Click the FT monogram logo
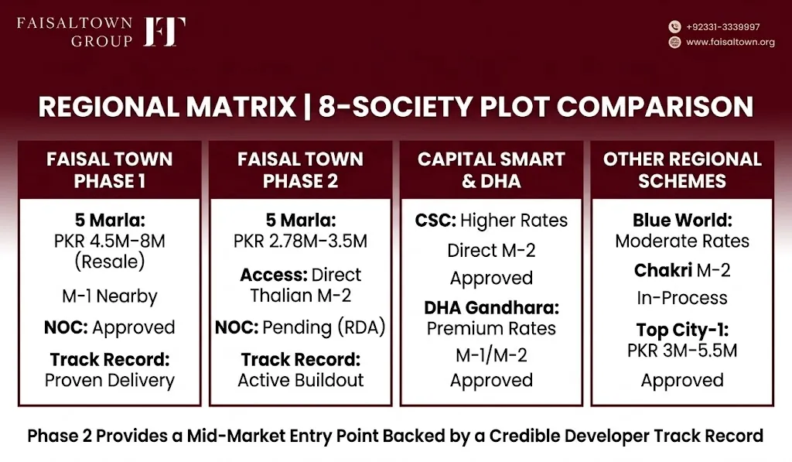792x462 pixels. point(164,32)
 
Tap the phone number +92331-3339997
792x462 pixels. point(723,27)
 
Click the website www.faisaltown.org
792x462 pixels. point(730,42)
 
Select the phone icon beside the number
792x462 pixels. point(674,27)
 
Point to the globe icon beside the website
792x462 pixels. point(674,42)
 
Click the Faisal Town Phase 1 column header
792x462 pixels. point(110,169)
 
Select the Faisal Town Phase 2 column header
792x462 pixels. point(301,169)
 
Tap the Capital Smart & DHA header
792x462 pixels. point(491,169)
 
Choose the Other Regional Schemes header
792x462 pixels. point(682,169)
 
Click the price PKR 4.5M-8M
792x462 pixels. point(110,241)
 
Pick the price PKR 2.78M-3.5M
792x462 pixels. point(301,241)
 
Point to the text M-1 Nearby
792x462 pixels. point(110,296)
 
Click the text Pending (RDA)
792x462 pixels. point(324,327)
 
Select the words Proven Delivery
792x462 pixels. point(110,380)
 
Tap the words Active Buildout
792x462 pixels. point(301,380)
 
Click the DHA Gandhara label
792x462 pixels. point(491,307)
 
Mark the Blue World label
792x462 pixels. point(682,220)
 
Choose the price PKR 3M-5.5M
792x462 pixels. point(682,351)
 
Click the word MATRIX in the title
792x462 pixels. point(241,107)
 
